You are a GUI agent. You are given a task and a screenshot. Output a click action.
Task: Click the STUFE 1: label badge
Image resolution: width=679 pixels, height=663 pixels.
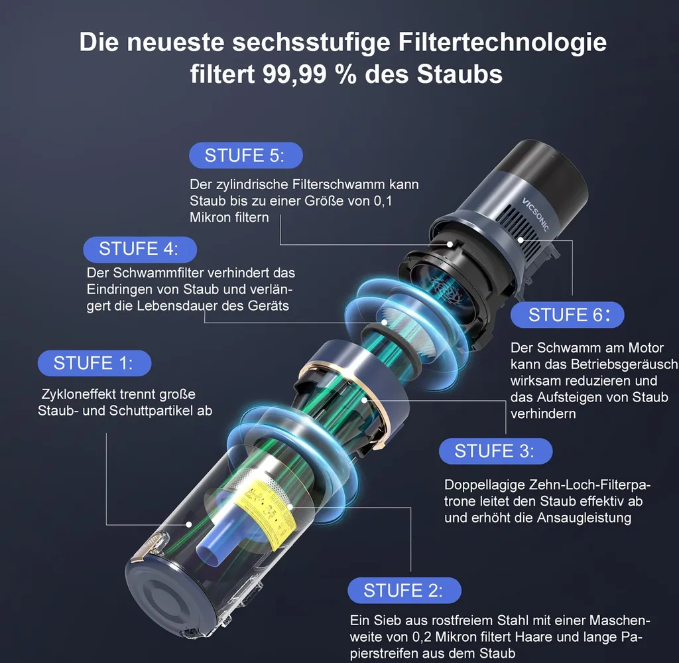pos(93,364)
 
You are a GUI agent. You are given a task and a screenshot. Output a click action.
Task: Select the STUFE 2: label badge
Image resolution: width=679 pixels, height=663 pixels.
pos(403,591)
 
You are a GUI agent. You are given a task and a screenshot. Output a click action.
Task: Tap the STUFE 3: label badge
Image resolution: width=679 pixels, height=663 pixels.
pos(495,452)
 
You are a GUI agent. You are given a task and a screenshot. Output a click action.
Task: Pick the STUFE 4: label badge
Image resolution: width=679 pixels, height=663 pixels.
pos(139,250)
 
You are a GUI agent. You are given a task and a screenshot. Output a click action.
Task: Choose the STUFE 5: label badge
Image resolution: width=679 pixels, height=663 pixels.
pos(245,156)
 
